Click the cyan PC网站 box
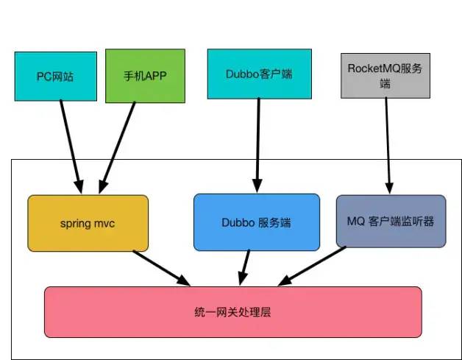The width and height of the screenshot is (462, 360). tap(55, 76)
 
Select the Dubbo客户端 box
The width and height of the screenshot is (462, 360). tap(258, 73)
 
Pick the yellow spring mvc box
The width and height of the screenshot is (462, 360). tap(88, 222)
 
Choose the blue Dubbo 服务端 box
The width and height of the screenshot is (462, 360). tap(257, 222)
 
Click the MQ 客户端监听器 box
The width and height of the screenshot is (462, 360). tap(391, 220)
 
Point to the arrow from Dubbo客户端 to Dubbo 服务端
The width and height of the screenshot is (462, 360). tap(257, 144)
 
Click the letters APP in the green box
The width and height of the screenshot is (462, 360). tap(152, 76)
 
